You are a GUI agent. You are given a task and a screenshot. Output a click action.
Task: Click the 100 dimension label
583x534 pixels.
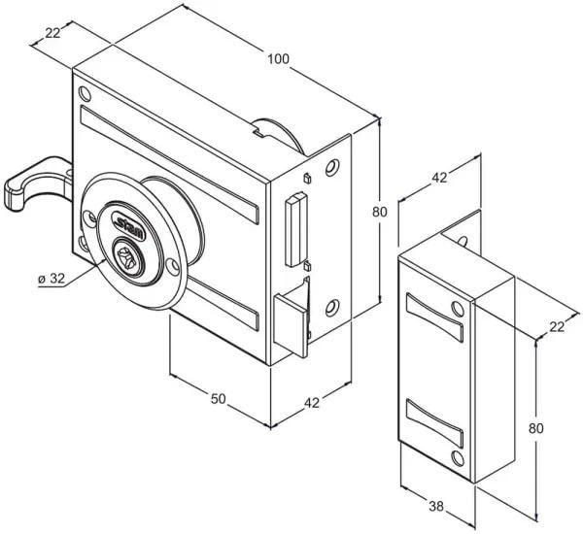pyautogui.click(x=278, y=59)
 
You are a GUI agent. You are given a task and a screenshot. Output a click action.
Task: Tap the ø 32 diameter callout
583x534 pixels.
pyautogui.click(x=51, y=278)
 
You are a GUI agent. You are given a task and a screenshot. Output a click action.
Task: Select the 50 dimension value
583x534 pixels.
pyautogui.click(x=219, y=399)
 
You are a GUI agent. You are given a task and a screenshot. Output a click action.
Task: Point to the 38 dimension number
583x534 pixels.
pyautogui.click(x=436, y=506)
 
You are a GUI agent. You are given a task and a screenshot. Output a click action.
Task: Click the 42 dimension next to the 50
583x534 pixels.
pyautogui.click(x=312, y=403)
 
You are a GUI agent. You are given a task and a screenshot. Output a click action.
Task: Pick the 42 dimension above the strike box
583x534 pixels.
pyautogui.click(x=439, y=178)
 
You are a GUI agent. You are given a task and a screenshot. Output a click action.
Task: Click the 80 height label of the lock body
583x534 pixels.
pyautogui.click(x=380, y=212)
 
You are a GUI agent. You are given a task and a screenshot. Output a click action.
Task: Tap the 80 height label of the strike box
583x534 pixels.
pyautogui.click(x=535, y=428)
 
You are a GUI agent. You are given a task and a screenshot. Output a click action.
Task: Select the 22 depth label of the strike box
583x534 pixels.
pyautogui.click(x=557, y=327)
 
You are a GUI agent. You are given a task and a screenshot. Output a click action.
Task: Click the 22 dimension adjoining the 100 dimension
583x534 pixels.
pyautogui.click(x=52, y=33)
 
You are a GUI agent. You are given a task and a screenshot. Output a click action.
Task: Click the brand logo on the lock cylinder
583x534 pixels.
pyautogui.click(x=128, y=225)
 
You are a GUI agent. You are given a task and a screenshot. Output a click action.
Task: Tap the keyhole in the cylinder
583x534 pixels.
pyautogui.click(x=126, y=256)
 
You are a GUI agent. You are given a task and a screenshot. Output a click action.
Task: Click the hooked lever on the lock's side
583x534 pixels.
pyautogui.click(x=34, y=183)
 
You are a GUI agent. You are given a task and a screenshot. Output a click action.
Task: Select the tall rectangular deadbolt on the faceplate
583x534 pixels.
pyautogui.click(x=296, y=229)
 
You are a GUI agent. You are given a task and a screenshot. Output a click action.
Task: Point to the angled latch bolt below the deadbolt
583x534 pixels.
pyautogui.click(x=291, y=317)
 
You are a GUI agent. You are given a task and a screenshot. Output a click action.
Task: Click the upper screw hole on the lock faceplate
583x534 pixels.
pyautogui.click(x=332, y=168)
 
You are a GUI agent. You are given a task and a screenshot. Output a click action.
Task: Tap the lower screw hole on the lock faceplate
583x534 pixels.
pyautogui.click(x=332, y=308)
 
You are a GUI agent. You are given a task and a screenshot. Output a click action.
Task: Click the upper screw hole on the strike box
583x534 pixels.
pyautogui.click(x=458, y=309)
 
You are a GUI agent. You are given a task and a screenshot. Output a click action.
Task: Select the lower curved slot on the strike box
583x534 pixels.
pyautogui.click(x=435, y=423)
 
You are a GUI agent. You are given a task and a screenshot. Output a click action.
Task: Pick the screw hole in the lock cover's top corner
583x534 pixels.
pyautogui.click(x=85, y=94)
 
